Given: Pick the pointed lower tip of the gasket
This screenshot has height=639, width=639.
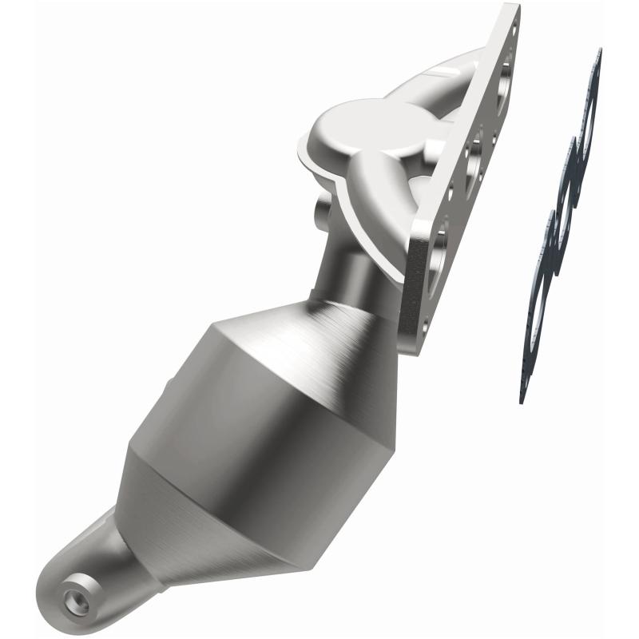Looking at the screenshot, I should (x=523, y=395).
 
